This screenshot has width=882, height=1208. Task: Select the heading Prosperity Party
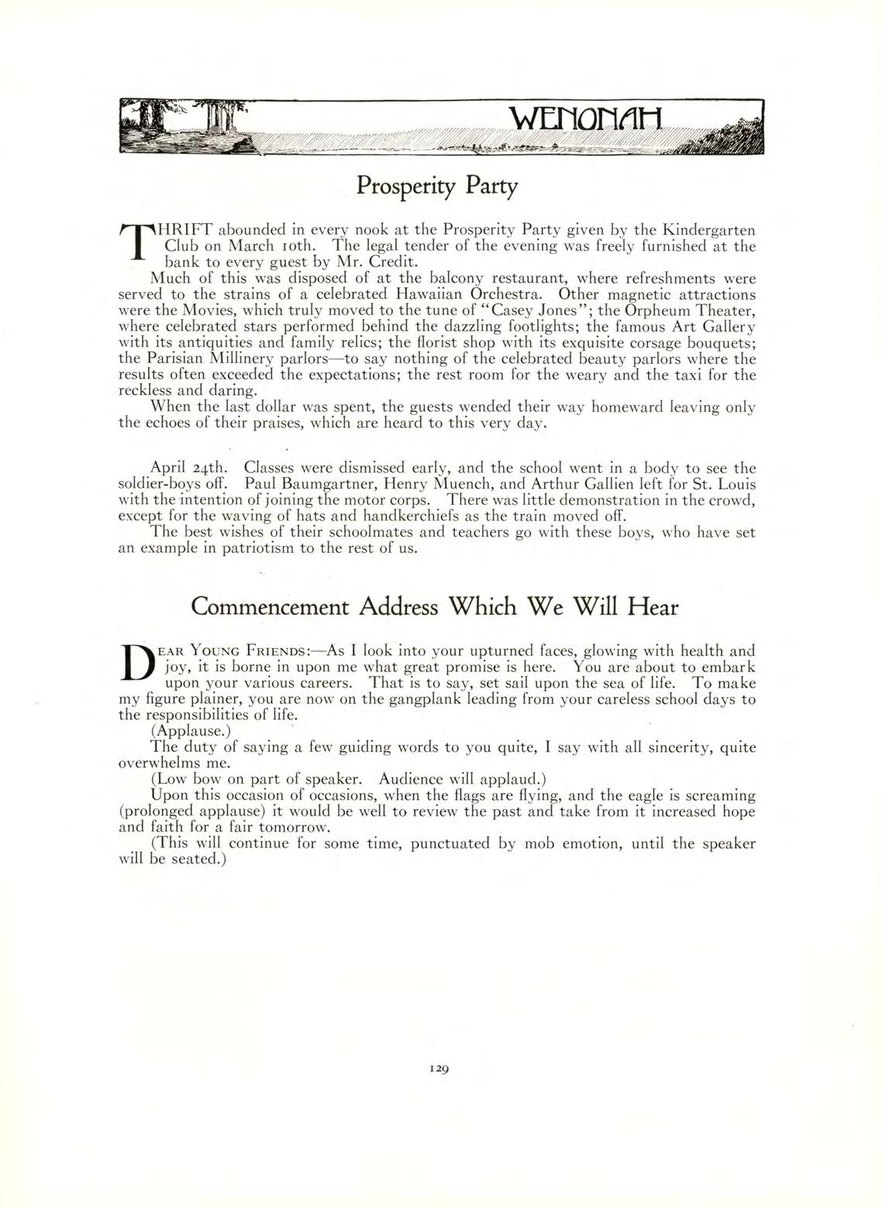[436, 187]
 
